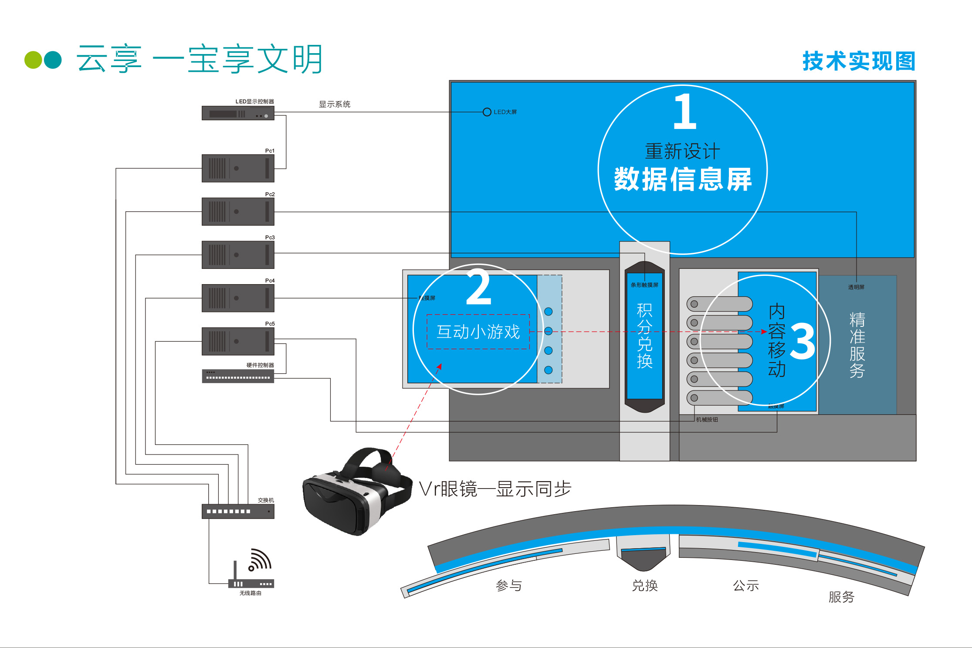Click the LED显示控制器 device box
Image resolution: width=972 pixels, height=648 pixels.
(238, 113)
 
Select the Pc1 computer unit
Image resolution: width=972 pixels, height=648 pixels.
(238, 168)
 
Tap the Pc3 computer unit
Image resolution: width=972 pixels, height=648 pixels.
(238, 255)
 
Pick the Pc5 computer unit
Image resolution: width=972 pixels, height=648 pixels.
(238, 341)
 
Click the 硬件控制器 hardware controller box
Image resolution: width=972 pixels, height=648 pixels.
(238, 376)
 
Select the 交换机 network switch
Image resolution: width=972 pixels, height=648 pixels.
(238, 511)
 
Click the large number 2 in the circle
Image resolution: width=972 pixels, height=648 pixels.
(478, 288)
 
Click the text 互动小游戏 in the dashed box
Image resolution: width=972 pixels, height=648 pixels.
(478, 332)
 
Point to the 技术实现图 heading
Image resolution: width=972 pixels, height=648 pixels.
(858, 61)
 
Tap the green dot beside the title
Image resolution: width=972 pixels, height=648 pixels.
(33, 60)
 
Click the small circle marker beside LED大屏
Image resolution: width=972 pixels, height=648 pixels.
(487, 112)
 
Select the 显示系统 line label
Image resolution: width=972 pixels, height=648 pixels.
(335, 104)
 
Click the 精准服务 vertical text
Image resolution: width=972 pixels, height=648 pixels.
(857, 344)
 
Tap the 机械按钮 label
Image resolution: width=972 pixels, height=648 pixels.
(707, 420)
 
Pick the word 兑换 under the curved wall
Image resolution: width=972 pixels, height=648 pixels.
(645, 585)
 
